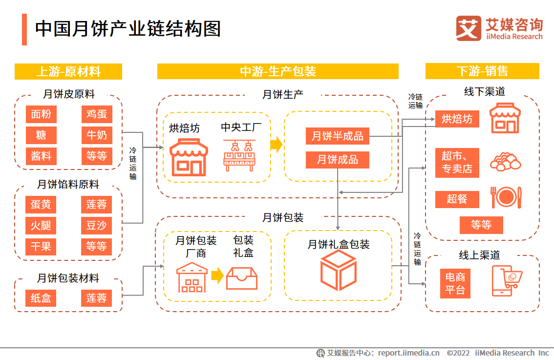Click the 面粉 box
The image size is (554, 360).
(x=41, y=114)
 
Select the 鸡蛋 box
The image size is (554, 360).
(x=96, y=114)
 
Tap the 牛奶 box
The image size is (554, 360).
(x=96, y=135)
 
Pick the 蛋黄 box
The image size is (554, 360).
(x=41, y=205)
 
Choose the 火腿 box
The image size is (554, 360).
(x=41, y=226)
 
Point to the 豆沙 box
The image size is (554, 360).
(x=96, y=226)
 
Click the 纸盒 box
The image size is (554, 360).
(x=41, y=298)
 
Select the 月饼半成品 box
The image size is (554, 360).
(x=338, y=136)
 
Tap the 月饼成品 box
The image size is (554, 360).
(x=338, y=159)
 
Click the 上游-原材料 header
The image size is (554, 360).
(x=68, y=71)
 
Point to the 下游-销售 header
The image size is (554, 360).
(x=482, y=71)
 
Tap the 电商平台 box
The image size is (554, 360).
(x=455, y=284)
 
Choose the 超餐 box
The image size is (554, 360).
(x=457, y=199)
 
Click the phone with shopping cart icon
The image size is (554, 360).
(x=506, y=281)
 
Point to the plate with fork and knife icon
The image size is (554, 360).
(x=506, y=197)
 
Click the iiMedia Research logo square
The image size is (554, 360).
(x=468, y=28)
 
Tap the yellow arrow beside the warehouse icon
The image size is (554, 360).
(x=218, y=275)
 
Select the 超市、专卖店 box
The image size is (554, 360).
(x=457, y=163)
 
